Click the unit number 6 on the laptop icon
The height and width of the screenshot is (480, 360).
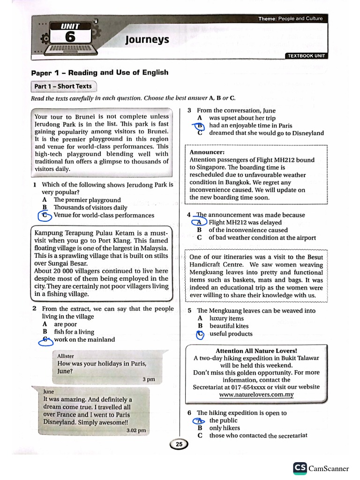(x=70, y=37)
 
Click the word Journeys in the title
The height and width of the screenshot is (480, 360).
(x=147, y=39)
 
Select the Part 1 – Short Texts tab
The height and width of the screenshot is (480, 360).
(x=63, y=86)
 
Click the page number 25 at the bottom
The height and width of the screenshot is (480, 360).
(x=179, y=444)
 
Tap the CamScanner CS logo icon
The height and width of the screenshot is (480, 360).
(x=300, y=468)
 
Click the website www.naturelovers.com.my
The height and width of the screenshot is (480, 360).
(x=256, y=395)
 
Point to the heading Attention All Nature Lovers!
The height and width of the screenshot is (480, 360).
(x=256, y=351)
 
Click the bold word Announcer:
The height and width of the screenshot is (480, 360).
(x=207, y=152)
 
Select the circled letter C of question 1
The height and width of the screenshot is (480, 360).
(x=45, y=215)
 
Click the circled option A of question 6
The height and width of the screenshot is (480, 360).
(x=200, y=420)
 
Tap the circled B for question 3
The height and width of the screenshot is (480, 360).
(x=200, y=126)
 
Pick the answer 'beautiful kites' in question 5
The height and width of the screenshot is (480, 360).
(x=229, y=326)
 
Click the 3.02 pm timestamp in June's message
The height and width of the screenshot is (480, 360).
(x=136, y=430)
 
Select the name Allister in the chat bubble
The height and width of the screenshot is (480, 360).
(x=66, y=356)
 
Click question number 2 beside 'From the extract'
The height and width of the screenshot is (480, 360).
(x=35, y=309)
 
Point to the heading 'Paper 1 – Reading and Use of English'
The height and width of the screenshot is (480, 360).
(x=99, y=73)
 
